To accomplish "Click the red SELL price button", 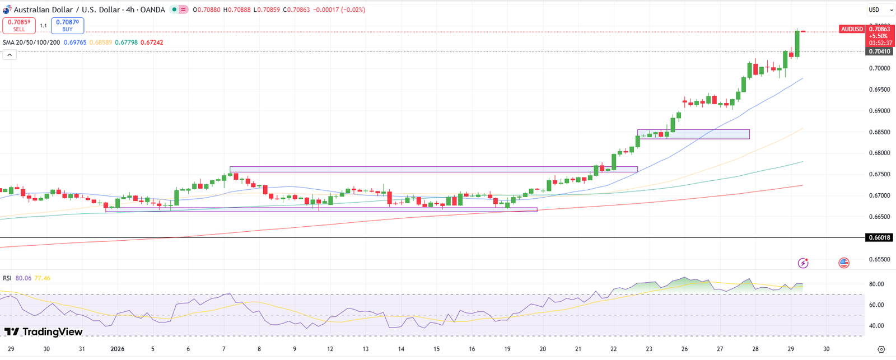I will coord(19,26).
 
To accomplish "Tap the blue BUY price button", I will coord(67,26).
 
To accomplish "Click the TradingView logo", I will coord(44,332).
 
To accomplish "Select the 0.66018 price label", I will coord(879,237).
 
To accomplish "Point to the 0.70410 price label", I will coord(879,52).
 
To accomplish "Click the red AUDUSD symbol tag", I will coord(852,29).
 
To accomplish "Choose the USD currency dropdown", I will coord(877,10).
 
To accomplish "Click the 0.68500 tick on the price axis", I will coord(879,132).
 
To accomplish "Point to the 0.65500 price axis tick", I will coord(879,259).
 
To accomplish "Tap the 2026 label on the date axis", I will coord(118,349).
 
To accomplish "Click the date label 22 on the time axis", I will coord(614,349).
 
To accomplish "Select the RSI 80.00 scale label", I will coord(876,284).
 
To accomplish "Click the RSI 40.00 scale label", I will coord(876,326).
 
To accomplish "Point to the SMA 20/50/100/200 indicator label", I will coord(31,43).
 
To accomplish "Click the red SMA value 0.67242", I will coord(152,43).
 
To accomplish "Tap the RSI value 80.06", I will coord(24,278).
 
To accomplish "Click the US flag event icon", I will coord(844,263).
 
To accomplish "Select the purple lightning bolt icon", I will coord(803,263).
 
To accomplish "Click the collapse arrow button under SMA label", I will coord(10,55).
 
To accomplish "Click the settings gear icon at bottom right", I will coord(881,349).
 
